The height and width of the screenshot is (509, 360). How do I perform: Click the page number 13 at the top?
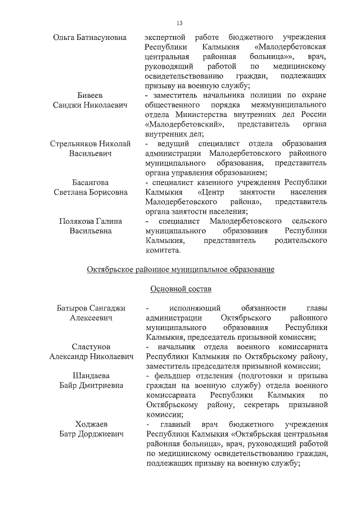tap(179, 23)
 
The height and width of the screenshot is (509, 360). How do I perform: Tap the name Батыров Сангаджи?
tap(91, 308)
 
